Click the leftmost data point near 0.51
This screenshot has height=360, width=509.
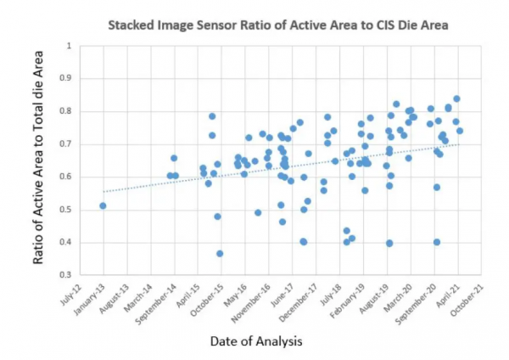(103, 205)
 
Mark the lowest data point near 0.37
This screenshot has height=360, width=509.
(220, 253)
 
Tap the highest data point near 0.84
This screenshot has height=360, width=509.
(456, 98)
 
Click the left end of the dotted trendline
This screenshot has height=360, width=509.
(103, 192)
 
